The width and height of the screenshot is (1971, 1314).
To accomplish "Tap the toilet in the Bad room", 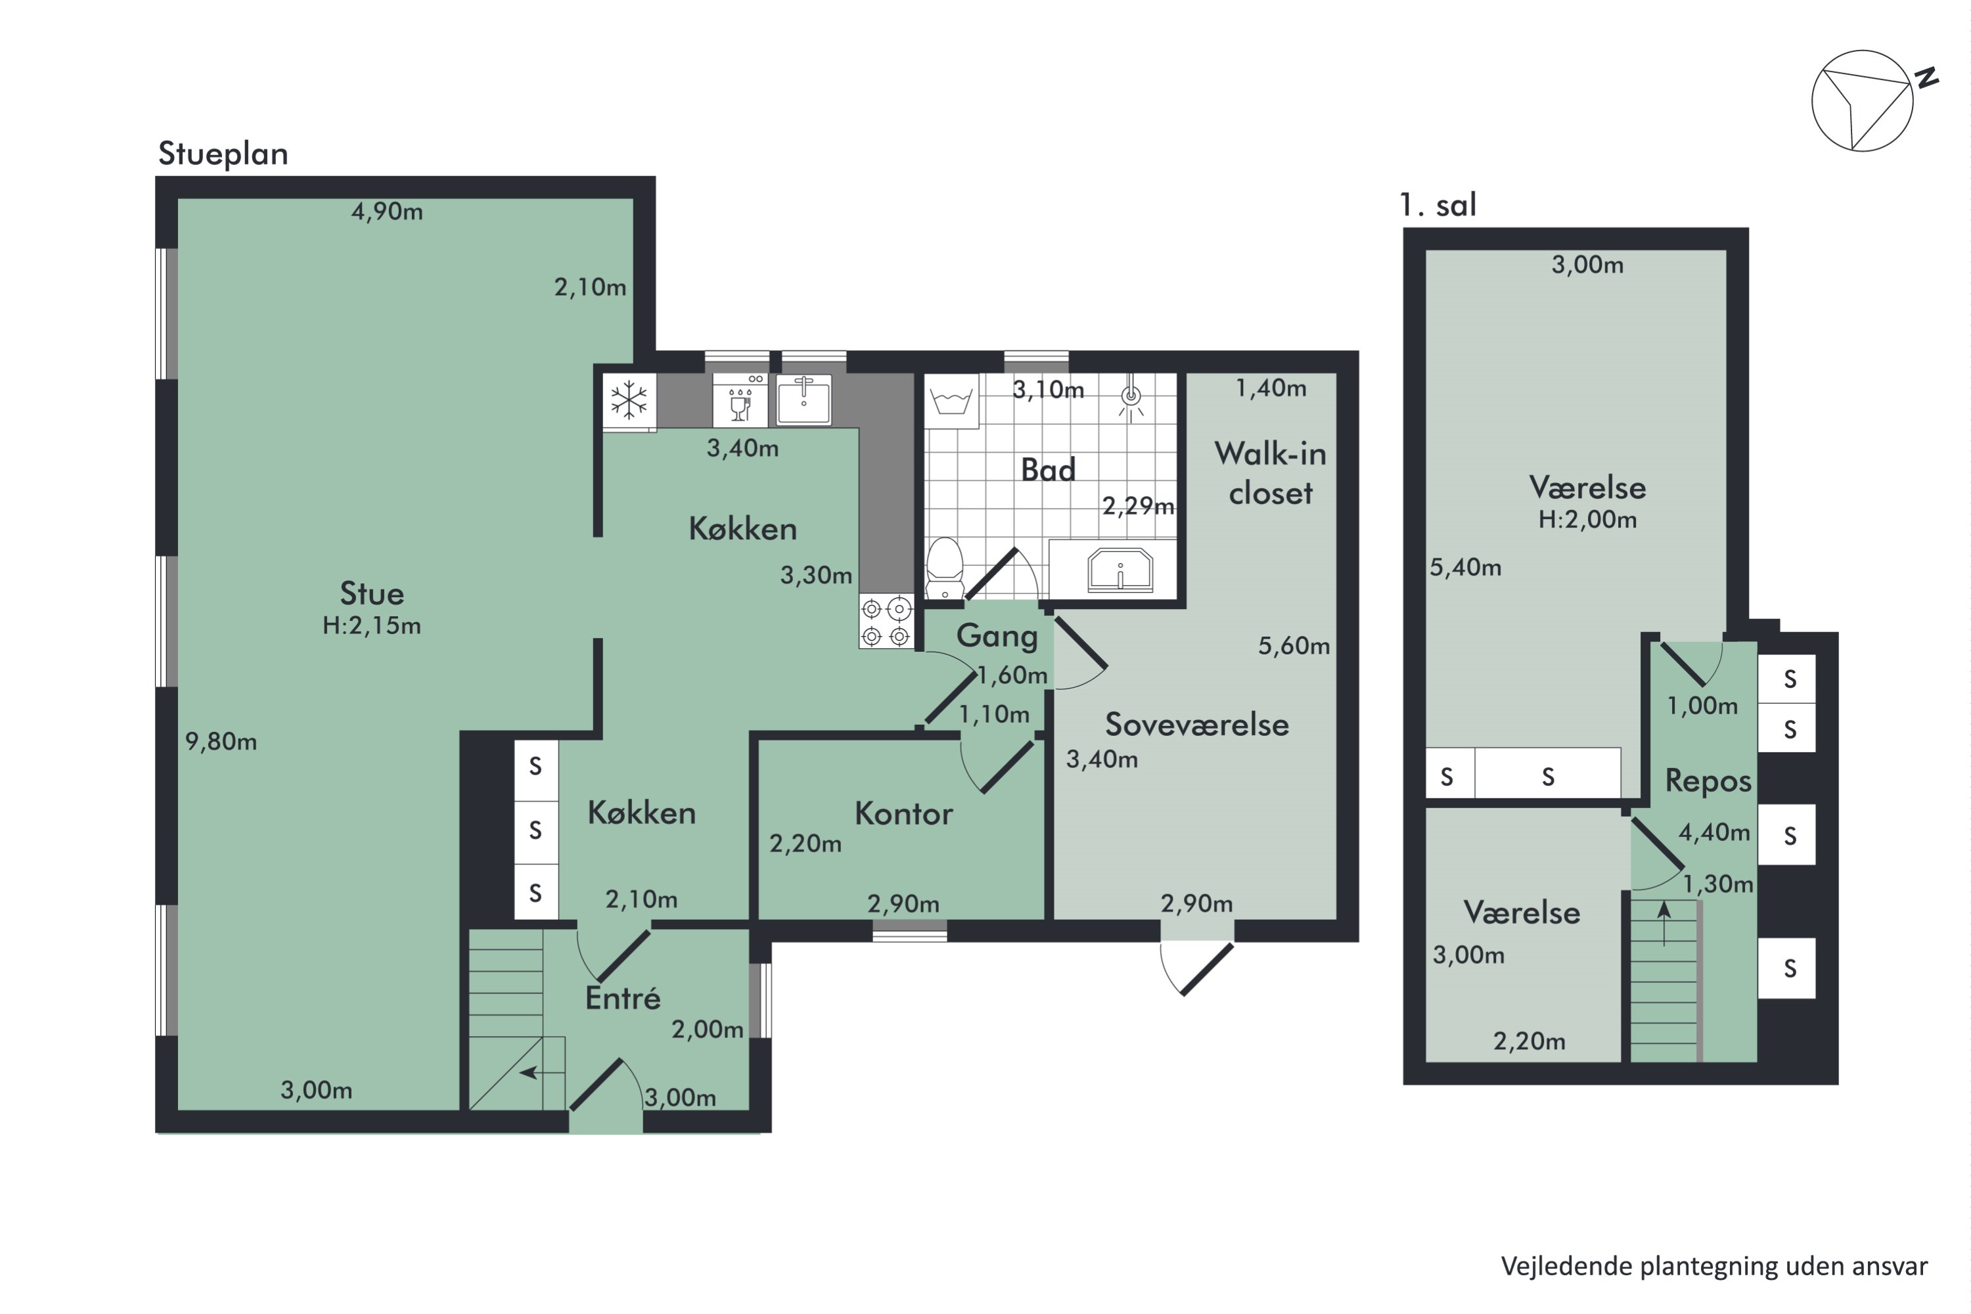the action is (945, 568).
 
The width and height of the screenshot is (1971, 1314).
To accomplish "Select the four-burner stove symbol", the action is (886, 621).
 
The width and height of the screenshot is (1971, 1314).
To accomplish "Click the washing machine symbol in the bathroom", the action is (951, 401).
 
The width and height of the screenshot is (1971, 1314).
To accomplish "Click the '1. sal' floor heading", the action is (1438, 205).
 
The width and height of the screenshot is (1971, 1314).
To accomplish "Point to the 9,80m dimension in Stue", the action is (221, 742).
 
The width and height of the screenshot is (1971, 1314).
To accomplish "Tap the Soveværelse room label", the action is (1196, 725).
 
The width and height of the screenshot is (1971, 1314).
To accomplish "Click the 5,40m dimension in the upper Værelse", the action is (1466, 568).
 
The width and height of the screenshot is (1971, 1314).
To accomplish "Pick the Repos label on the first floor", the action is (1708, 781).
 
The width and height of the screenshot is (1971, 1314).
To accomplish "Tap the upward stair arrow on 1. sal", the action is (1664, 922).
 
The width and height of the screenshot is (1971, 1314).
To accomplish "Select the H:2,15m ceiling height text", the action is (371, 626).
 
